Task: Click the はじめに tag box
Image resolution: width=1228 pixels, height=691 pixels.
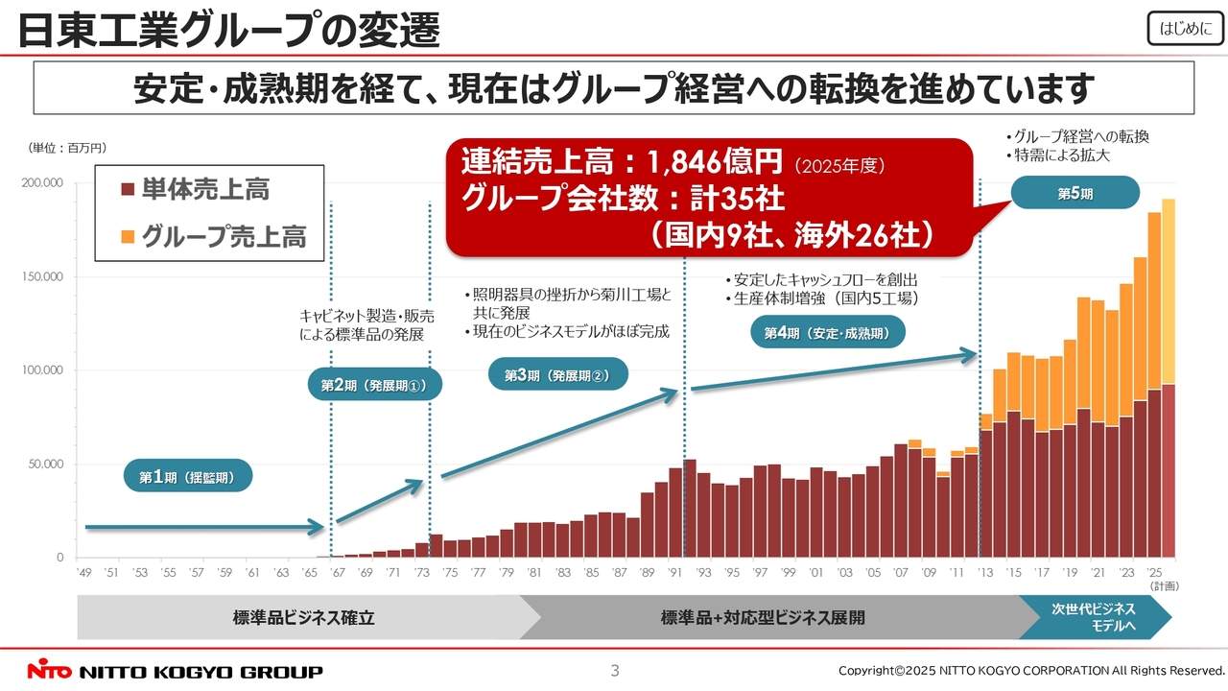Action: click(x=1185, y=29)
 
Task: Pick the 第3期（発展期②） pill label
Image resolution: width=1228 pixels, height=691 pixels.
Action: click(x=557, y=374)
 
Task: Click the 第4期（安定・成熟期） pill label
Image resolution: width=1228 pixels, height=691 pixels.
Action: click(x=827, y=333)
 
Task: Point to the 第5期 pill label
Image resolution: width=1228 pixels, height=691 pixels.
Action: click(x=1074, y=194)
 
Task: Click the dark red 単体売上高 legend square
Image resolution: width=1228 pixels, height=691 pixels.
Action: click(x=128, y=190)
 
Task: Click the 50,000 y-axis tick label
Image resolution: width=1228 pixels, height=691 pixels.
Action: click(x=44, y=465)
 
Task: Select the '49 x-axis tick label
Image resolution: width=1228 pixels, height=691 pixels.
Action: click(x=84, y=573)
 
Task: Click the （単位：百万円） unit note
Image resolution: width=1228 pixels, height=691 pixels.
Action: click(x=66, y=148)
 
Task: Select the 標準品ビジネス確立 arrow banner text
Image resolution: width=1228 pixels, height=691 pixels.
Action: click(x=303, y=618)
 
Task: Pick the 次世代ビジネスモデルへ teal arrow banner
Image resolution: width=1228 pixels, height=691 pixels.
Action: click(x=1094, y=617)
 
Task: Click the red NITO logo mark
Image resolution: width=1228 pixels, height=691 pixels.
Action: click(x=50, y=671)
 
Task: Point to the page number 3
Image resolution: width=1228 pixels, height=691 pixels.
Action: click(x=615, y=670)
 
